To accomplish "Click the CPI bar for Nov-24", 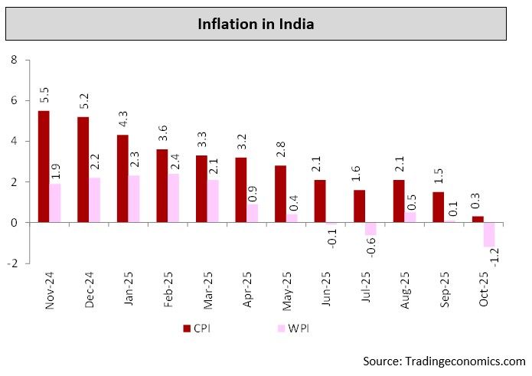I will [x=44, y=166].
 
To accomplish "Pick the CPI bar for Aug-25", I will [x=399, y=201].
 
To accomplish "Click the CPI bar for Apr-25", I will [x=241, y=189].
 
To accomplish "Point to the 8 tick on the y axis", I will [x=13, y=60].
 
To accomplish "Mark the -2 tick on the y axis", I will [x=11, y=263].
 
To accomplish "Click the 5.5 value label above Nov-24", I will [x=44, y=97].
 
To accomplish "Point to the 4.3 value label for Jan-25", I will [x=122, y=122].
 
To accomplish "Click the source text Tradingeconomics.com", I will [x=444, y=360].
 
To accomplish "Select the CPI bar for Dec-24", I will [x=83, y=169].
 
